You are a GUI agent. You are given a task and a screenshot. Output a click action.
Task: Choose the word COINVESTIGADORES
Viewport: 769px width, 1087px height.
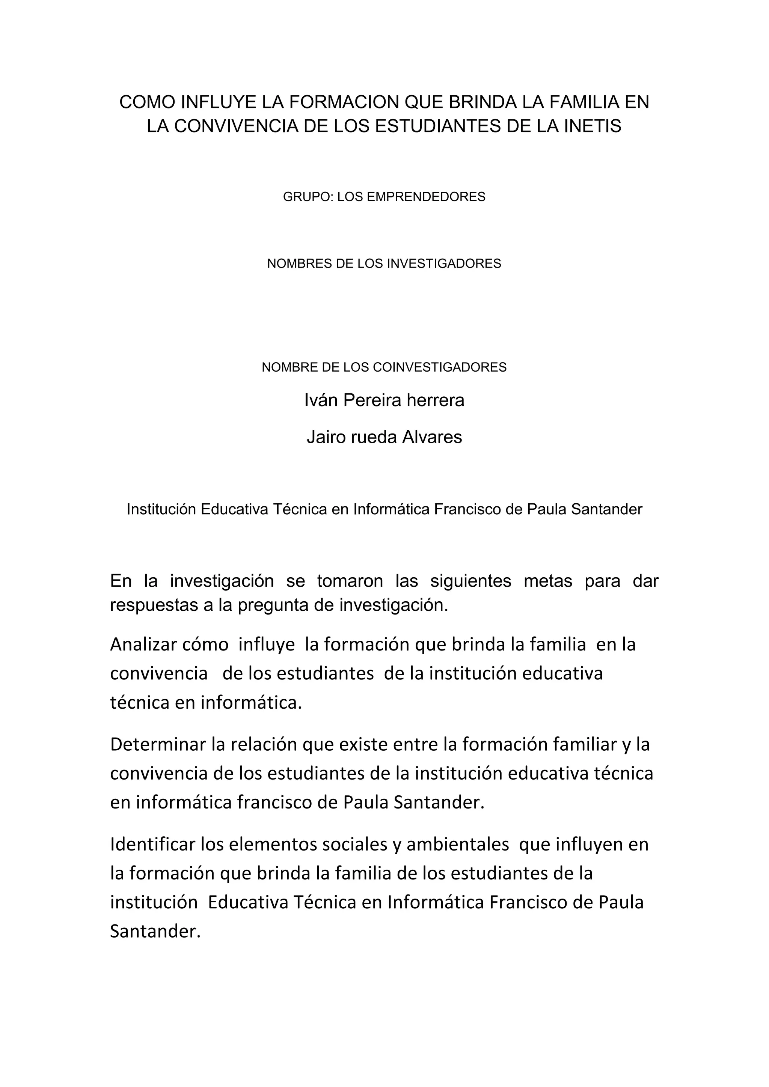click(439, 367)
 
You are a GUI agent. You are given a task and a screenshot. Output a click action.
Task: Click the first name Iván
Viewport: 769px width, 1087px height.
click(321, 400)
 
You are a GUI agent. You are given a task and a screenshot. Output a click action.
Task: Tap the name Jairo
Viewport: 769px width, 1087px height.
click(326, 437)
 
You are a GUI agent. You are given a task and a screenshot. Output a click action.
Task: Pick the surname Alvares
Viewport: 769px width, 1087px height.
click(432, 437)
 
